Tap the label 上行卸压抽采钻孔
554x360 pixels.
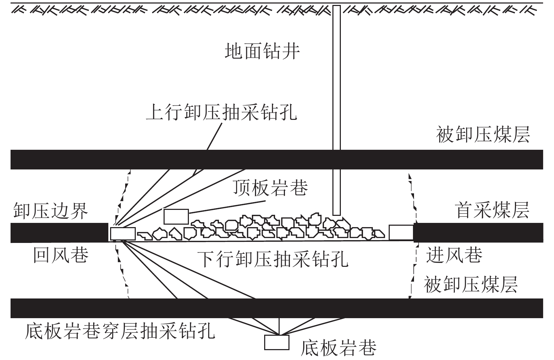(222, 112)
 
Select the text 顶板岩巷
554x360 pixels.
(270, 188)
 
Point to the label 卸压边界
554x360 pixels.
(51, 211)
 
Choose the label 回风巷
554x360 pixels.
(61, 255)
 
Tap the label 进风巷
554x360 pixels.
(454, 255)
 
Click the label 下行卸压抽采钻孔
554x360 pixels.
(273, 259)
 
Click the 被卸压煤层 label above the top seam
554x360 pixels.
(483, 134)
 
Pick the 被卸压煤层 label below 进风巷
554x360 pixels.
(471, 284)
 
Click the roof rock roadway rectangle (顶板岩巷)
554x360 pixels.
(176, 217)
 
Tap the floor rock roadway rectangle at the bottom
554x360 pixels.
(277, 342)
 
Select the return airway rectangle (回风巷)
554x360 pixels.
(123, 234)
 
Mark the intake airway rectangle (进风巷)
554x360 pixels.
(401, 232)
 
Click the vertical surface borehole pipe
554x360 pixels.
(336, 110)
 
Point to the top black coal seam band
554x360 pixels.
(277, 160)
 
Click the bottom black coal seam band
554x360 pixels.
(277, 308)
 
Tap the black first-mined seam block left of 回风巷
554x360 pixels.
(59, 233)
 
